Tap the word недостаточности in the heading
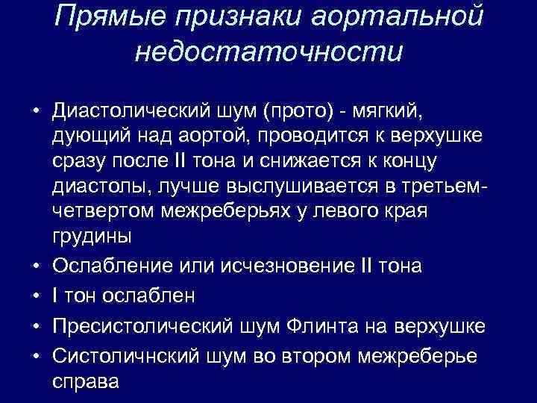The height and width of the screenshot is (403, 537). point(269,52)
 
